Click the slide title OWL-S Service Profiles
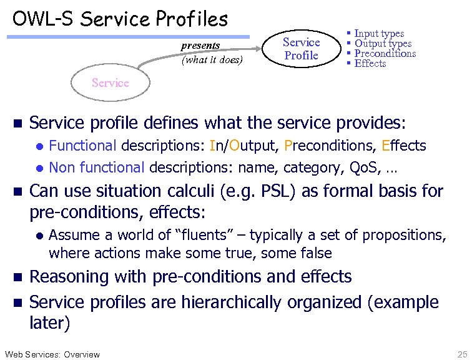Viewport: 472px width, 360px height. tap(120, 19)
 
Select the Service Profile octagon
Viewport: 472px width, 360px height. tap(301, 49)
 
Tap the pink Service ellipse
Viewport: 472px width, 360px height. tap(110, 82)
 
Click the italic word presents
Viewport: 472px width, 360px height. tap(200, 46)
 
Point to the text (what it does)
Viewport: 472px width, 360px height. tap(212, 61)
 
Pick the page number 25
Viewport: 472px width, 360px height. tap(461, 354)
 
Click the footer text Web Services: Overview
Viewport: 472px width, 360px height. tap(51, 354)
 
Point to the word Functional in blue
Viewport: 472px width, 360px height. tap(82, 146)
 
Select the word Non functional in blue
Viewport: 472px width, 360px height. tap(97, 167)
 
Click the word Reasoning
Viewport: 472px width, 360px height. tap(74, 277)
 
